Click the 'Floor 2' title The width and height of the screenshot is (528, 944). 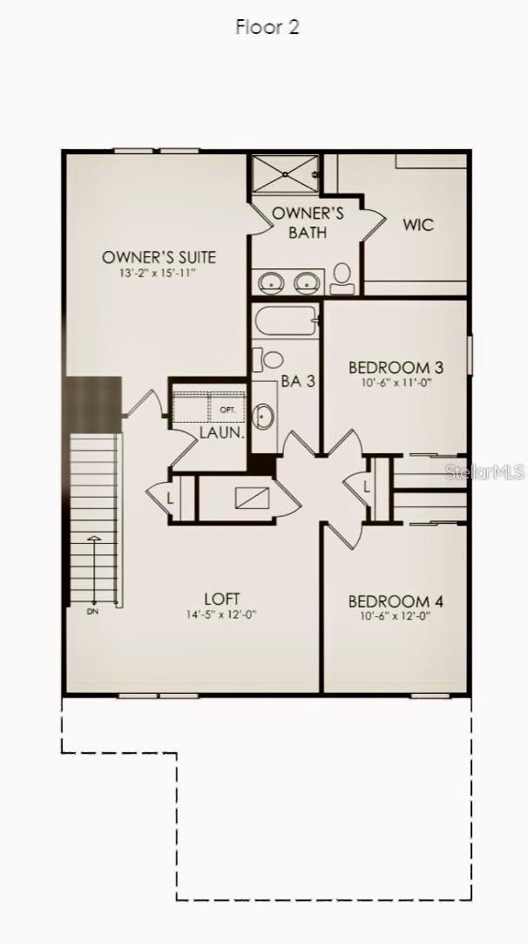(x=267, y=27)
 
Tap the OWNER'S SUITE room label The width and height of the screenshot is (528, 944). (x=159, y=257)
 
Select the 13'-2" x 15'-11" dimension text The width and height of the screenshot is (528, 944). (x=159, y=273)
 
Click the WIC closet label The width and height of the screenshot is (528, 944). (x=417, y=225)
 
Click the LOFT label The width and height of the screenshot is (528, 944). (x=222, y=599)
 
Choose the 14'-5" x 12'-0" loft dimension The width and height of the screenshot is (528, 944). (x=222, y=614)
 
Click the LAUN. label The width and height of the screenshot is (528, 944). (x=221, y=431)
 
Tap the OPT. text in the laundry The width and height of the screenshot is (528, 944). (x=228, y=409)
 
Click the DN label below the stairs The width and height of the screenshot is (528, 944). (x=92, y=612)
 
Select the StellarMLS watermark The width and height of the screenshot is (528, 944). (x=484, y=472)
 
